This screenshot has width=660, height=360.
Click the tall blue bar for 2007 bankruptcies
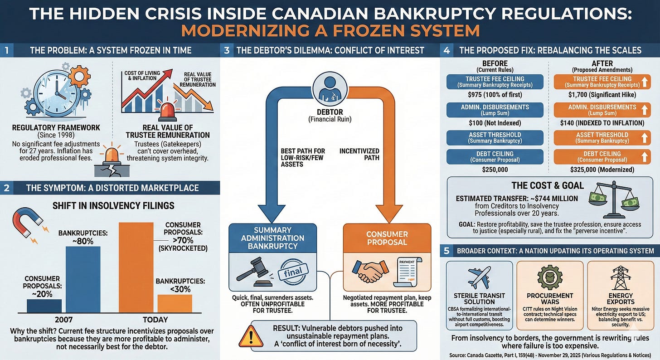(83, 279)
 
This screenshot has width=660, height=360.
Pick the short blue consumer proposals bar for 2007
(44, 306)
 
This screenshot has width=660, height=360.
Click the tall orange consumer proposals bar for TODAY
(136, 268)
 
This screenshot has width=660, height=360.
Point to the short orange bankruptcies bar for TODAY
(175, 303)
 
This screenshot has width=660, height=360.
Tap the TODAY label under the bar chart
(155, 320)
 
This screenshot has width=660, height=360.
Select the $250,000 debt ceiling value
(495, 169)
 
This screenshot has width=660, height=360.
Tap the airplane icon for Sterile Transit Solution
(479, 277)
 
